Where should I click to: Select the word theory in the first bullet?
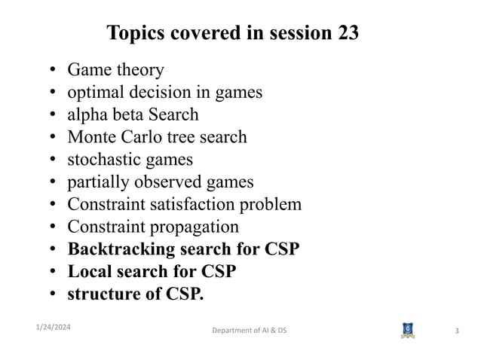138,71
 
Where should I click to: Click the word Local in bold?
88,271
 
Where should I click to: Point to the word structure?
102,294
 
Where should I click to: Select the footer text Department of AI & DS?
249,331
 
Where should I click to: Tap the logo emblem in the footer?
407,331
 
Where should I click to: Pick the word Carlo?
147,137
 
